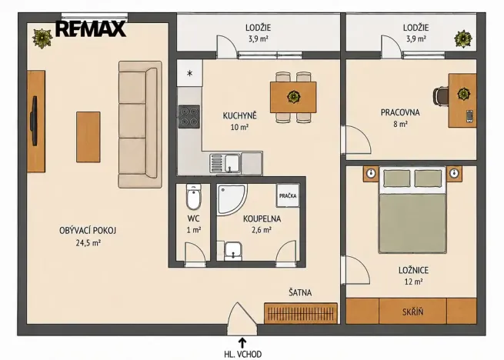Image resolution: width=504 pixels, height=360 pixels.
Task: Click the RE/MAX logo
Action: (91, 28)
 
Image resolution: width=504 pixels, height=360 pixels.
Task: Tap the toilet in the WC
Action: (193, 196)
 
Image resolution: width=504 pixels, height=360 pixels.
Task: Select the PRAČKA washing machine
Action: (288, 195)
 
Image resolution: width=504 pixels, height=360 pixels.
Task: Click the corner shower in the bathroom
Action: (231, 199)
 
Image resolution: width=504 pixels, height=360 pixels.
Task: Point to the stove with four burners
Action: (189, 116)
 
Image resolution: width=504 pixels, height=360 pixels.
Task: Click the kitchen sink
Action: (225, 163)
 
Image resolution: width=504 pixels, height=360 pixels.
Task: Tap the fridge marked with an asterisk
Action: (189, 73)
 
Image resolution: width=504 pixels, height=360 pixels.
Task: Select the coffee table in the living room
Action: (88, 137)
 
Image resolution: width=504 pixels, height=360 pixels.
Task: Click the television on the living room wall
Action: (34, 121)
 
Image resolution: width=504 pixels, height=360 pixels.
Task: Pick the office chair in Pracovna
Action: (441, 96)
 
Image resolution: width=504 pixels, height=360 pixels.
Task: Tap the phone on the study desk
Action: (469, 116)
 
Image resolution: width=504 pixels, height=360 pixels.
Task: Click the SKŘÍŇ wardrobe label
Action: (412, 312)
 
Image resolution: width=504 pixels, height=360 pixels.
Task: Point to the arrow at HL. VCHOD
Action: (242, 342)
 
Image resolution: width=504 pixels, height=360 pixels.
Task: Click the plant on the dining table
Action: (293, 96)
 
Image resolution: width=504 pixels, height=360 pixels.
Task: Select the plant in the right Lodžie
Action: (463, 39)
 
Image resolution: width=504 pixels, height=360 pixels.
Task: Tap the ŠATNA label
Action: (300, 292)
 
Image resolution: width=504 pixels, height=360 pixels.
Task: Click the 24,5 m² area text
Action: (88, 242)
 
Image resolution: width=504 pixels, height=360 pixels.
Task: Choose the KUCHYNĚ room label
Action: (240, 115)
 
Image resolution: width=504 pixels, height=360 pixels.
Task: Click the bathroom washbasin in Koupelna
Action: (234, 251)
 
